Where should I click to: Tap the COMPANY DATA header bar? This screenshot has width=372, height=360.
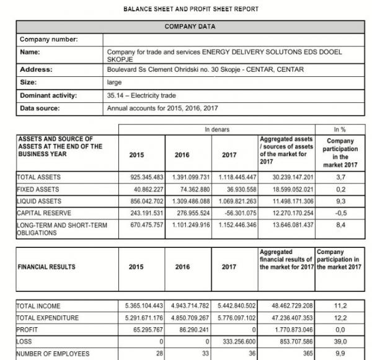point(190,27)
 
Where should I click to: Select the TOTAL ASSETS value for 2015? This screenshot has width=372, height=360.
point(143,177)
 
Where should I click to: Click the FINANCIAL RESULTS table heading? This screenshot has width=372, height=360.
point(46,267)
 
